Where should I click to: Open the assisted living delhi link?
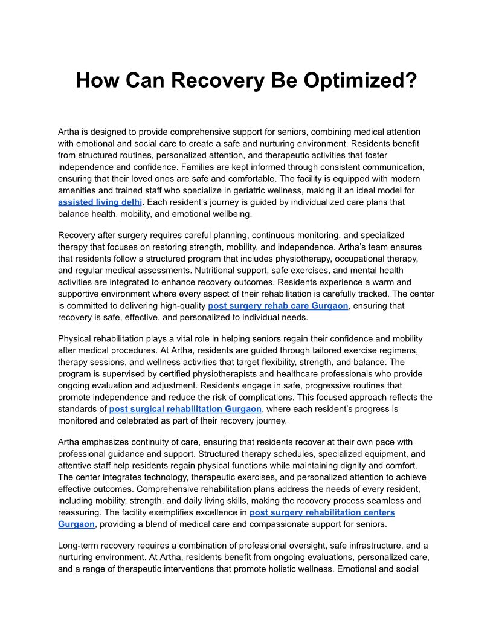coord(100,202)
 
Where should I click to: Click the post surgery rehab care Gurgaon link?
coord(278,306)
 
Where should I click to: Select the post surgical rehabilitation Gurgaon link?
coord(185,409)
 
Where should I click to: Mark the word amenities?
coord(79,190)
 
